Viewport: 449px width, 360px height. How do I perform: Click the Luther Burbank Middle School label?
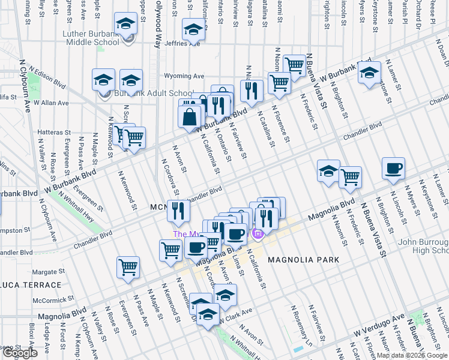pos(91,38)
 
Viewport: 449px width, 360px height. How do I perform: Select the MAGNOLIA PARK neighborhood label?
pos(304,260)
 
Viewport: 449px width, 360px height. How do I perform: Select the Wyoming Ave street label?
pos(184,76)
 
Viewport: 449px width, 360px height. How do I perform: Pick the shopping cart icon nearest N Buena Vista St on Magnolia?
pos(350,177)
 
